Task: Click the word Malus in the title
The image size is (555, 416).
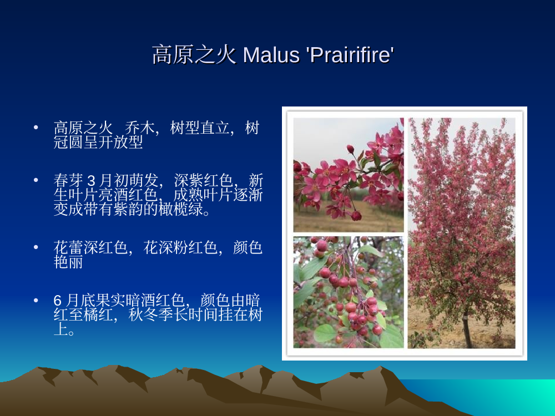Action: tap(271, 55)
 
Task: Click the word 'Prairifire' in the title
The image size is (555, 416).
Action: tap(350, 55)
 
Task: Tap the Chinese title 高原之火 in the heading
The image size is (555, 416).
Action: tap(194, 55)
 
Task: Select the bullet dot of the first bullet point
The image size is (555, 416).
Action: tap(36, 127)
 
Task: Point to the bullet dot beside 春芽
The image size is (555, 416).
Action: tap(36, 180)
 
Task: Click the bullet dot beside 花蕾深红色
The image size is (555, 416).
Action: tap(36, 247)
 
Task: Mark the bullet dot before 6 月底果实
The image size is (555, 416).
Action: tap(36, 300)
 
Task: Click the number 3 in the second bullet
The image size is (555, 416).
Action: tap(91, 181)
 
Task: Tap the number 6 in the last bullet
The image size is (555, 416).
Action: tap(58, 301)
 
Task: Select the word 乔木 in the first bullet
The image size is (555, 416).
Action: tap(140, 128)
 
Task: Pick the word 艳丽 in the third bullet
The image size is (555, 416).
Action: tap(68, 262)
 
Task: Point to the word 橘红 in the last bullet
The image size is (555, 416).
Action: tap(98, 314)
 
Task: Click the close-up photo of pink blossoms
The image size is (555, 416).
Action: tap(349, 175)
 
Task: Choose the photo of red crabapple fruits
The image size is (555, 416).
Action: tap(349, 292)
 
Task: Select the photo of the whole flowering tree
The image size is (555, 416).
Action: tap(462, 233)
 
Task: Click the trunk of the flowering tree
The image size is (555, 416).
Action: tap(467, 329)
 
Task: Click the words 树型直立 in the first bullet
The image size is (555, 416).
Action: tap(200, 128)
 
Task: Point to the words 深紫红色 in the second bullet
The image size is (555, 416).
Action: tap(204, 181)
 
